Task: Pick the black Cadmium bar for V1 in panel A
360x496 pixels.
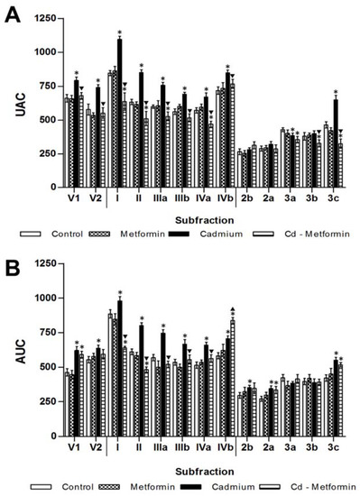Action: (77, 125)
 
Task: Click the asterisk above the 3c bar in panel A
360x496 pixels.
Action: (336, 93)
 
